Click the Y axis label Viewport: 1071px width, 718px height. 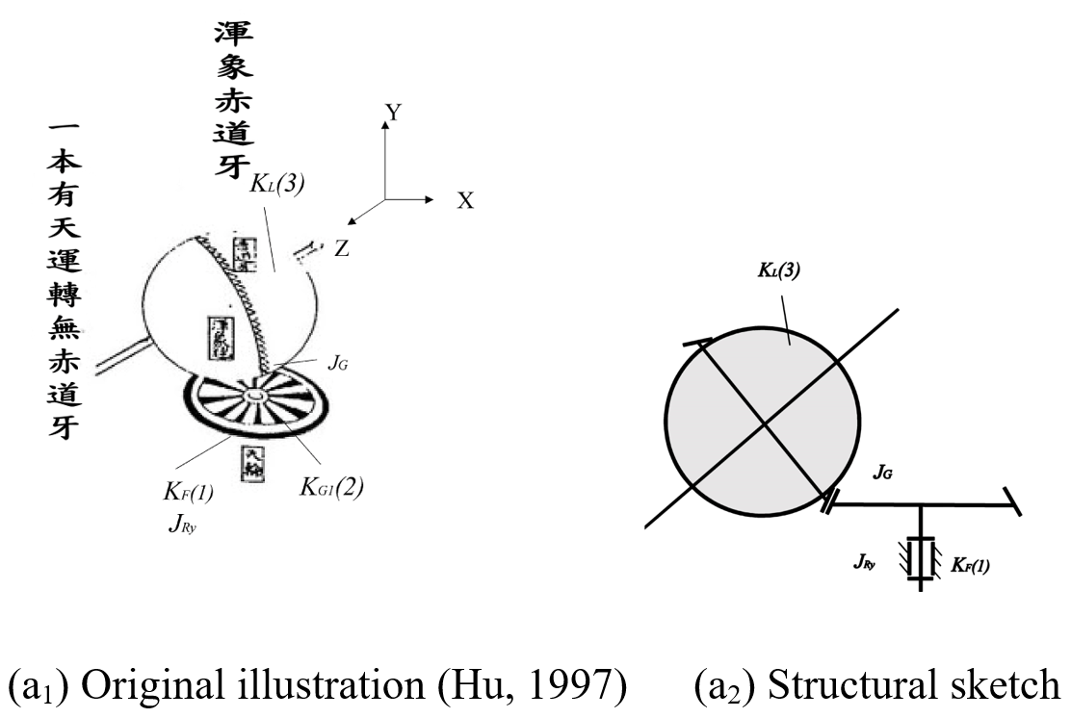393,114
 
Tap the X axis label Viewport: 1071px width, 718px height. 465,201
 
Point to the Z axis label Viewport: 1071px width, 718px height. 341,248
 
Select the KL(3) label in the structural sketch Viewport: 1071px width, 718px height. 777,271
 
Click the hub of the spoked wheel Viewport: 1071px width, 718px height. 255,397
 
